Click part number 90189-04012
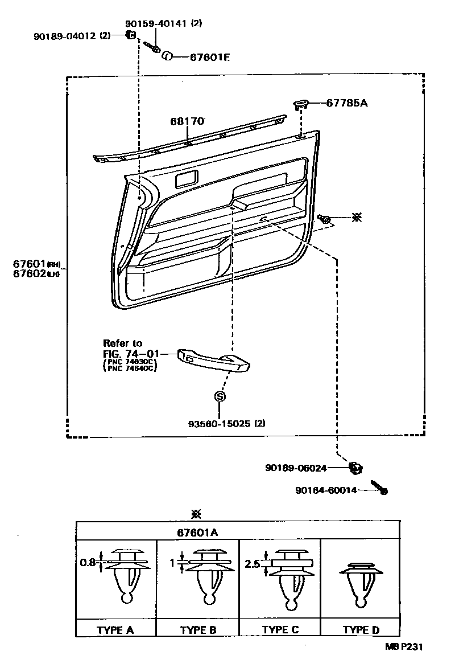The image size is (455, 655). click(65, 36)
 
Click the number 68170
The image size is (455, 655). click(187, 121)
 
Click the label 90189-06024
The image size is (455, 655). click(296, 468)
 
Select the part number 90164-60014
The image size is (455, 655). click(326, 490)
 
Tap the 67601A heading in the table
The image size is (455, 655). click(197, 533)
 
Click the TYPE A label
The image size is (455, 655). click(115, 630)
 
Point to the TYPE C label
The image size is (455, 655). click(280, 630)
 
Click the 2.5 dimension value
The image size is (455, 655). click(252, 564)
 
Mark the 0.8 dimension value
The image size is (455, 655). click(88, 562)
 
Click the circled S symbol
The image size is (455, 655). click(220, 396)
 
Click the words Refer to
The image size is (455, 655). click(122, 343)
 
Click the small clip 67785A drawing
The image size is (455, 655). click(301, 104)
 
